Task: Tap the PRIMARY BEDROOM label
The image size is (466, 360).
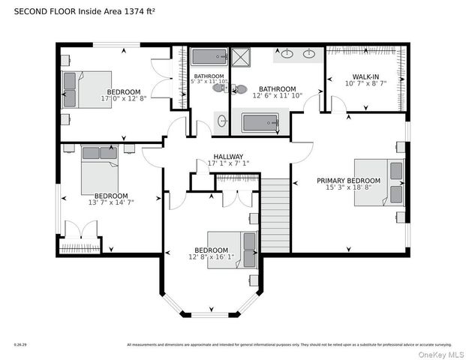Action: tap(348, 181)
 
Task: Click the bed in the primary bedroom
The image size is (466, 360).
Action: tap(379, 182)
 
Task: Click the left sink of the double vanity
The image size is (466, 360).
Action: tap(287, 54)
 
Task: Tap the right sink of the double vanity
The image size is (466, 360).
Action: tap(309, 54)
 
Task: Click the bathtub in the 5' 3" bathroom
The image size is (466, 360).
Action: tap(209, 56)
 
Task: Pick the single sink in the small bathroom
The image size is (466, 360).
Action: tap(221, 120)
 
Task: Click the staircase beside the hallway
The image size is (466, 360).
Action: tap(275, 214)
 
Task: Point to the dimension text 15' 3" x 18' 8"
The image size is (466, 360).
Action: tap(348, 188)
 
